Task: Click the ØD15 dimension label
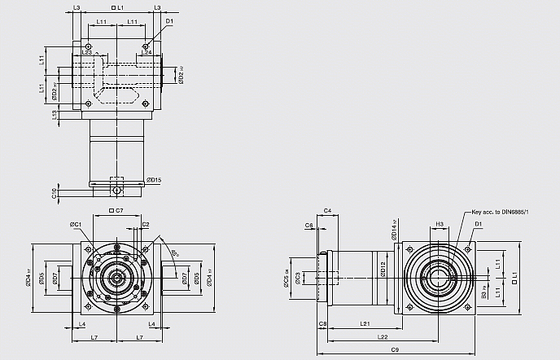coord(154,180)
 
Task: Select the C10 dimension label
coord(54,192)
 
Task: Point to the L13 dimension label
coord(54,115)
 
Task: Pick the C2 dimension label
coord(145,224)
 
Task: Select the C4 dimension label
coord(326,211)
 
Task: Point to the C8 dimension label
coord(323,324)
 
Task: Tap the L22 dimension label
coord(381,336)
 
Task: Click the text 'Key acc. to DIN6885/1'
coord(500,213)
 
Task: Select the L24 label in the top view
coord(147,52)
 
